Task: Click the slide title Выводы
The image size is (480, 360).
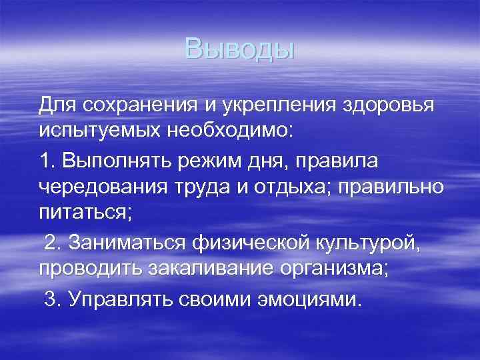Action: (x=239, y=49)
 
